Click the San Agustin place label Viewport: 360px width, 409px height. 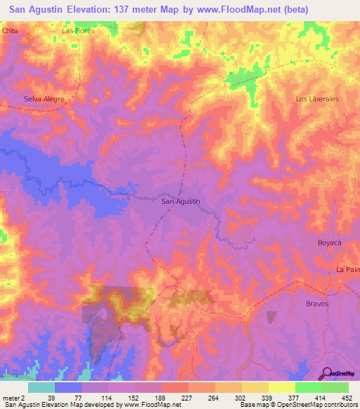coord(181,202)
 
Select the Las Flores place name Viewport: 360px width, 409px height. coord(78,32)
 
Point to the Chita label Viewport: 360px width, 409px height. coord(10,32)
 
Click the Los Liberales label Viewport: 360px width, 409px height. coord(317,99)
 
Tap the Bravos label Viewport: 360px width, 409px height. coord(317,303)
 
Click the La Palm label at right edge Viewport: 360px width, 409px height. coord(347,270)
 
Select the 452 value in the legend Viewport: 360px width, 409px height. coord(347,398)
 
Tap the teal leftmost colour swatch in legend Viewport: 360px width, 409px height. coord(41,387)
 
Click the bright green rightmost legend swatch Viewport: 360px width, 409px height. coord(335,387)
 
